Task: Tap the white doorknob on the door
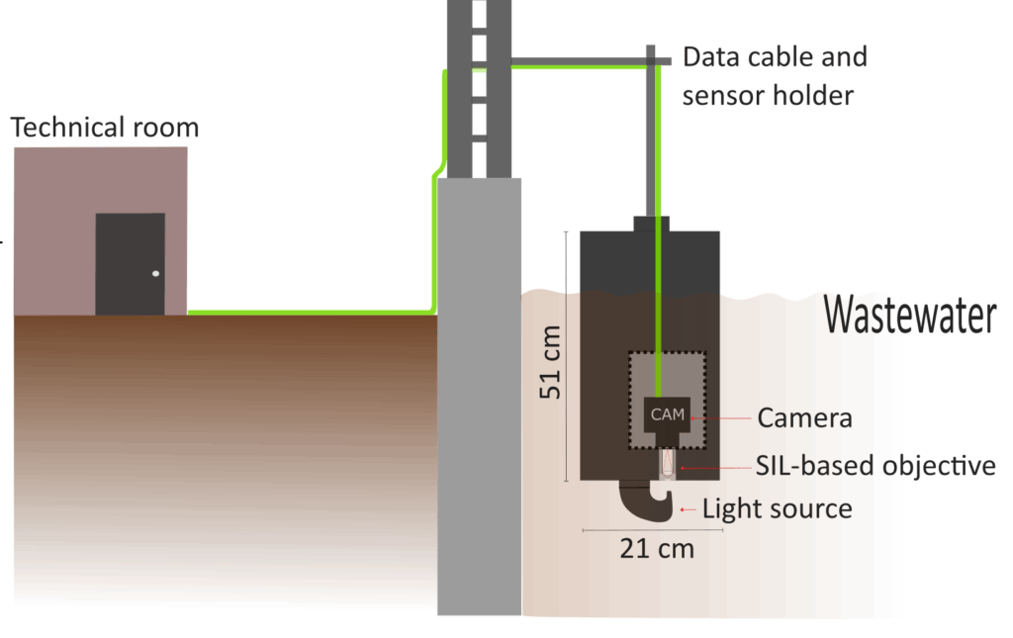pos(155,273)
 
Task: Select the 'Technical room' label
pos(105,128)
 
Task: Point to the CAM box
pos(668,414)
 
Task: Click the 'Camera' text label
pos(804,417)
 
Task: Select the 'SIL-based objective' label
pos(875,465)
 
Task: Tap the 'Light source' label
pos(777,509)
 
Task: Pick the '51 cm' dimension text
pos(550,362)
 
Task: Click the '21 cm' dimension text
pos(656,547)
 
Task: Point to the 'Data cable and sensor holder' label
pos(775,75)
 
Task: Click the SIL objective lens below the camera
pos(668,462)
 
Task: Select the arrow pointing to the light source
pos(689,509)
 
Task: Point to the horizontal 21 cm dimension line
pos(653,531)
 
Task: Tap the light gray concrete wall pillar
pos(479,396)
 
